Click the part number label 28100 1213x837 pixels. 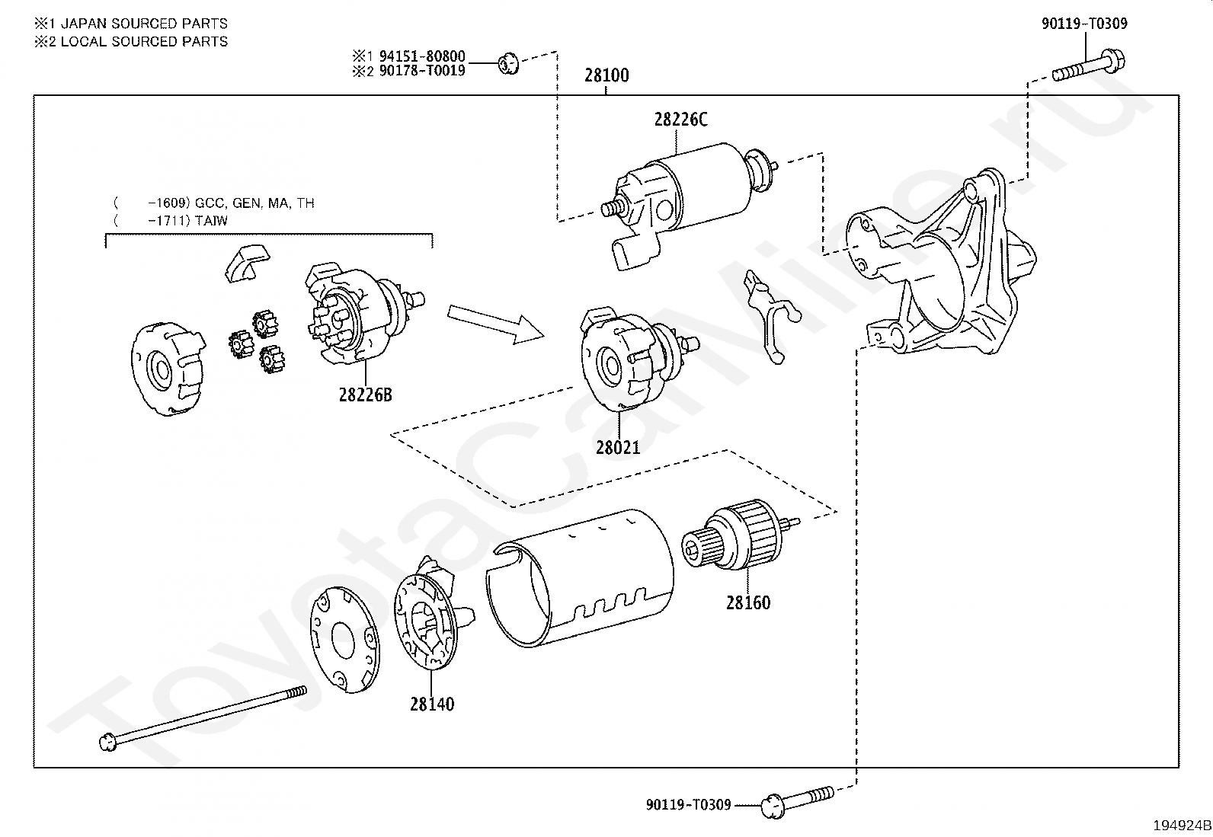[606, 75]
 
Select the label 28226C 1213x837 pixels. [680, 119]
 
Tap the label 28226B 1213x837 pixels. [366, 395]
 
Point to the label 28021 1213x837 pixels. [618, 447]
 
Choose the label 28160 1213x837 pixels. [747, 602]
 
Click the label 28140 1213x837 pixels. [432, 704]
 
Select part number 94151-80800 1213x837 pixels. [422, 56]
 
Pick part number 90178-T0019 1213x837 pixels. [422, 70]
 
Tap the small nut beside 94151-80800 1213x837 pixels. [508, 63]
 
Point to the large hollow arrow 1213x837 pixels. [495, 324]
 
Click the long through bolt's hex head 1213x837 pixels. [108, 742]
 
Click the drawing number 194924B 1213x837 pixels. [1182, 825]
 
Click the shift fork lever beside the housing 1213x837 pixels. [772, 317]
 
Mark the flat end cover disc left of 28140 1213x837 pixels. [345, 640]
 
